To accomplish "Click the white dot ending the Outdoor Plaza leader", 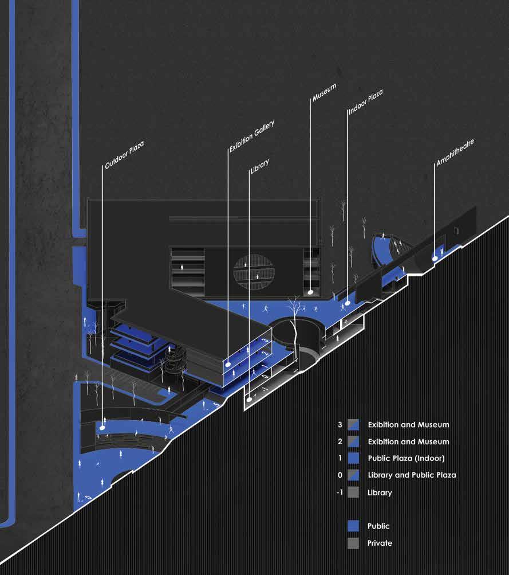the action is (102, 427).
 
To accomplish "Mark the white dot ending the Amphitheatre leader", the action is (434, 259).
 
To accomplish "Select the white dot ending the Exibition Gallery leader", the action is (227, 363).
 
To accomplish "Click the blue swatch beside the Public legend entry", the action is (353, 526).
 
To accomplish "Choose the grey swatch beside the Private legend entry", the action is (353, 543).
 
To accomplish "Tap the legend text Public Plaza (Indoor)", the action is (406, 458).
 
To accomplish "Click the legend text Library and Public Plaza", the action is (412, 475).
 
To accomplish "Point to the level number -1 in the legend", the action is (340, 492).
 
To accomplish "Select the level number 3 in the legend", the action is (340, 425).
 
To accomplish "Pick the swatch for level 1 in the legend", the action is (353, 458).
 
